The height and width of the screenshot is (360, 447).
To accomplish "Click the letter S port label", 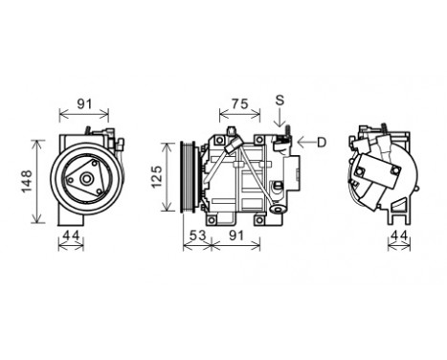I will coord(279,100).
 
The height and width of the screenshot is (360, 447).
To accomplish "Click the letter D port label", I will coord(322,143).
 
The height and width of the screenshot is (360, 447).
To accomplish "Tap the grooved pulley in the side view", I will coord(190,178).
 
